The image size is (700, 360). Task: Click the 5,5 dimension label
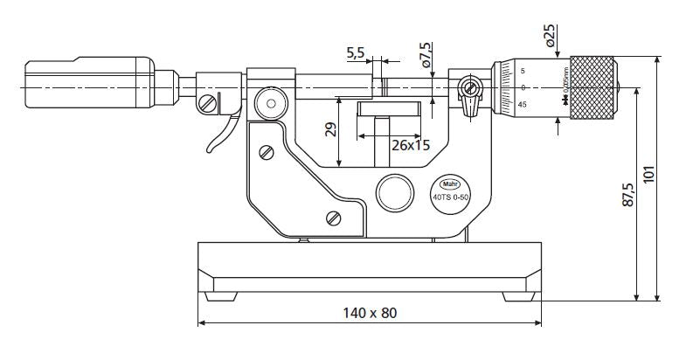coord(356,53)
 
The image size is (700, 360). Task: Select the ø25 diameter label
coord(550,35)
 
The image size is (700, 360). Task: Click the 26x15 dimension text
coord(410,145)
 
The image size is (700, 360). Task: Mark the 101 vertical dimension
coord(648,176)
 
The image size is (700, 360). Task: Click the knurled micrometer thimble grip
coord(591,87)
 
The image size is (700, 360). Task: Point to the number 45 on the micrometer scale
coord(522,104)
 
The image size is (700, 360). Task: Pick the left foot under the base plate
coord(220,296)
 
